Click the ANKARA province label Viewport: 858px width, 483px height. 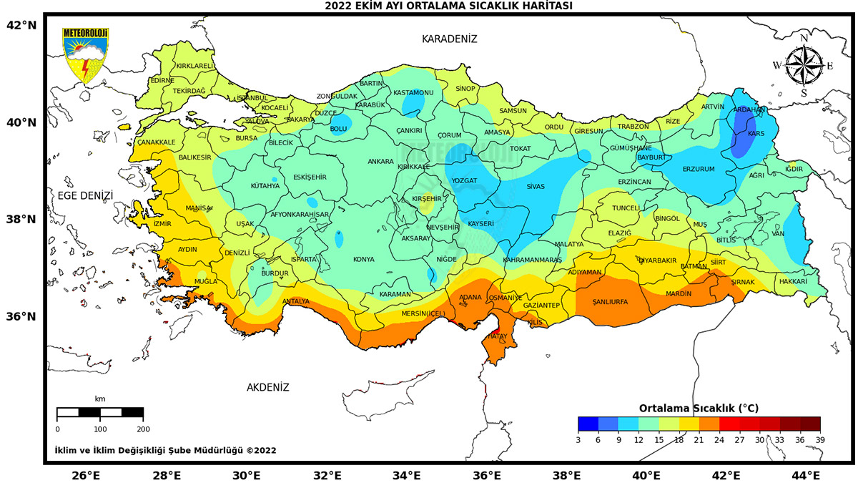[380, 162]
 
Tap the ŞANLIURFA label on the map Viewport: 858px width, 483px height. [610, 302]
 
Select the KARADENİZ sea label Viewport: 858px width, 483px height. [449, 39]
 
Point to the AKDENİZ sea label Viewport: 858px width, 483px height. [268, 387]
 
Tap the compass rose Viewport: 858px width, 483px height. [804, 65]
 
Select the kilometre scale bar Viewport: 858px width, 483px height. [100, 412]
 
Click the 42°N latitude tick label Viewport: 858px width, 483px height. [21, 25]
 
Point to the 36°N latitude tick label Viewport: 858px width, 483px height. [21, 316]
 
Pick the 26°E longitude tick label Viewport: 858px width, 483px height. [85, 474]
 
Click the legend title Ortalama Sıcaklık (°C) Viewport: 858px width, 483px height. [699, 408]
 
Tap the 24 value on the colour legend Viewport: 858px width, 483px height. [719, 439]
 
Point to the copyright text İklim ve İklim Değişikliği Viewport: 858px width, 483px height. [165, 451]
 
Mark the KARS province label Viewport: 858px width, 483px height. [756, 134]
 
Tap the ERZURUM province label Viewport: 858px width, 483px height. [699, 169]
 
